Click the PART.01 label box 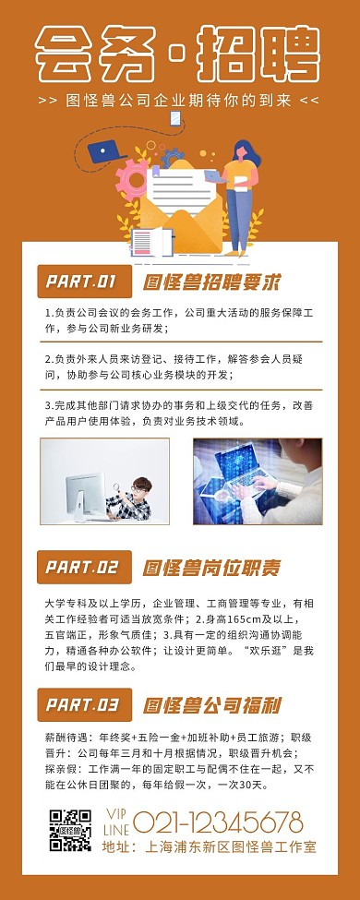tap(84, 282)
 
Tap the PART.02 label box tap(84, 567)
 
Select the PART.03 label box tap(84, 704)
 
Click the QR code tap(70, 830)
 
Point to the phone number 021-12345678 tap(218, 822)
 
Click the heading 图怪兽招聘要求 tap(212, 282)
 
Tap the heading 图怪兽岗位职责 tap(212, 568)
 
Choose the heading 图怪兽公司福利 tap(212, 705)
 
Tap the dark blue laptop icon tap(106, 151)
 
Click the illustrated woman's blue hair tap(246, 152)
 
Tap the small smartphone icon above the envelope tap(175, 119)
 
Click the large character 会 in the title tap(64, 54)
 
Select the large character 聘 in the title tap(289, 54)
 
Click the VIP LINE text tap(116, 822)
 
